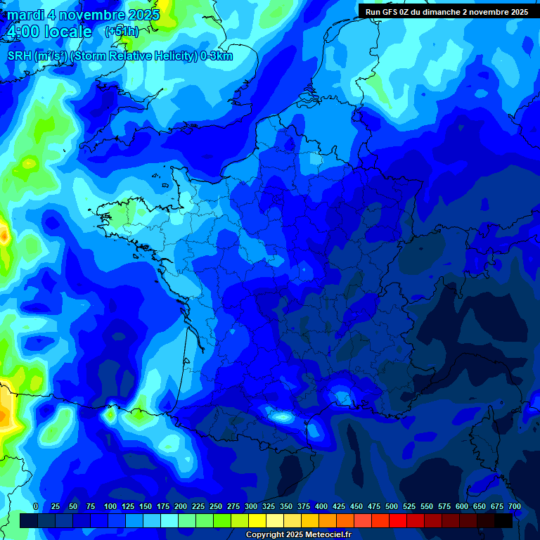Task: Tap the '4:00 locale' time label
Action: coord(49,32)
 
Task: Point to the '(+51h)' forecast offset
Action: coord(122,32)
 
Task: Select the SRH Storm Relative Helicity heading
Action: coord(120,56)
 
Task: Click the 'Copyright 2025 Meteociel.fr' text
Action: coord(298,535)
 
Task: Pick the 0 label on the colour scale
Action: coord(36,507)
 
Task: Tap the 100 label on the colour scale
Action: coord(110,507)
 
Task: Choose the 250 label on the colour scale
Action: coord(215,507)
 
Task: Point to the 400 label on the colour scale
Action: coord(321,507)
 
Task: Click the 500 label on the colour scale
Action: coord(392,507)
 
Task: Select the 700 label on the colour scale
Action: coord(514,507)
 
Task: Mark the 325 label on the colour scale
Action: coord(268,507)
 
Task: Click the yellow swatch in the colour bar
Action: coord(257,520)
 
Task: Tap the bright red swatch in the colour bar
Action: coord(398,520)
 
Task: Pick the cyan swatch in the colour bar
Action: coord(169,520)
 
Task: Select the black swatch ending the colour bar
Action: coord(503,520)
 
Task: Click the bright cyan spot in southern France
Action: coord(283,417)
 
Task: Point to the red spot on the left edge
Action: coord(4,235)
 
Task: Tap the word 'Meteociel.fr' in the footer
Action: coord(328,535)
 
